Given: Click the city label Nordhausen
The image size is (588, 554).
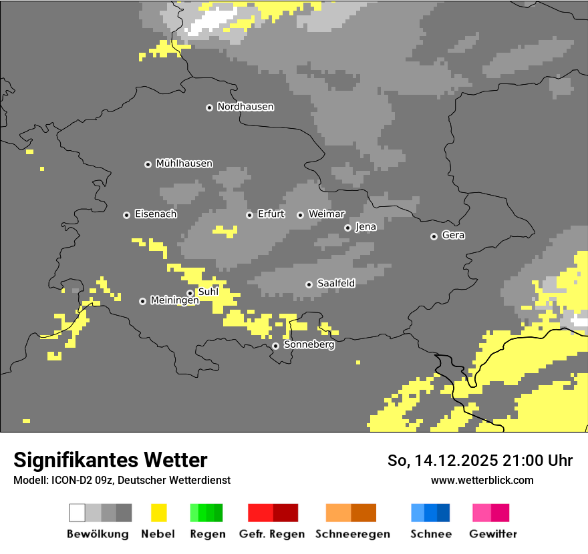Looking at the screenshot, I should [245, 107].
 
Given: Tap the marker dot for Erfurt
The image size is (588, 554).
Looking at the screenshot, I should [249, 215].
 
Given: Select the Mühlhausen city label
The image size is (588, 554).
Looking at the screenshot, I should [184, 164].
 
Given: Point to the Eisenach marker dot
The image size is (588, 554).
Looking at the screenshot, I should [126, 215].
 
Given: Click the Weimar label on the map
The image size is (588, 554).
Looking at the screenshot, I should [326, 214].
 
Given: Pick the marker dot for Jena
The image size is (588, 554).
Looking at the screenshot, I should [347, 228].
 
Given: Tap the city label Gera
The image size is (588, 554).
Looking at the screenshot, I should [453, 236].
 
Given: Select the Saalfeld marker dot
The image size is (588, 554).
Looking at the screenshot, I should [309, 284].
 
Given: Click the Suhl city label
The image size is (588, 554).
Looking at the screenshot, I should [208, 292].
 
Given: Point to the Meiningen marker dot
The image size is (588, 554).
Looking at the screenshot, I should [142, 301].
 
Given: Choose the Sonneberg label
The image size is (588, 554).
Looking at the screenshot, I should [309, 345].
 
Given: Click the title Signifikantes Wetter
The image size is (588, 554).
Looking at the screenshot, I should [110, 460].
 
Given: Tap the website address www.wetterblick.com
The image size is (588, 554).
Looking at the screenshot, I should [482, 480].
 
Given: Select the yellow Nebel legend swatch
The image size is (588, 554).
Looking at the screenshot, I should [158, 513].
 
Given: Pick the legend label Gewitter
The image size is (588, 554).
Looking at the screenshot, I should [493, 534].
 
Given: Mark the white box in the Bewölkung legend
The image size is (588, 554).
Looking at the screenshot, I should [78, 513].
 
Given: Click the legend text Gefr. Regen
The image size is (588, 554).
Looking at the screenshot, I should [271, 534].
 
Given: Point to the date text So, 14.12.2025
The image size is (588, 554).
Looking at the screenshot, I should [440, 461].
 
